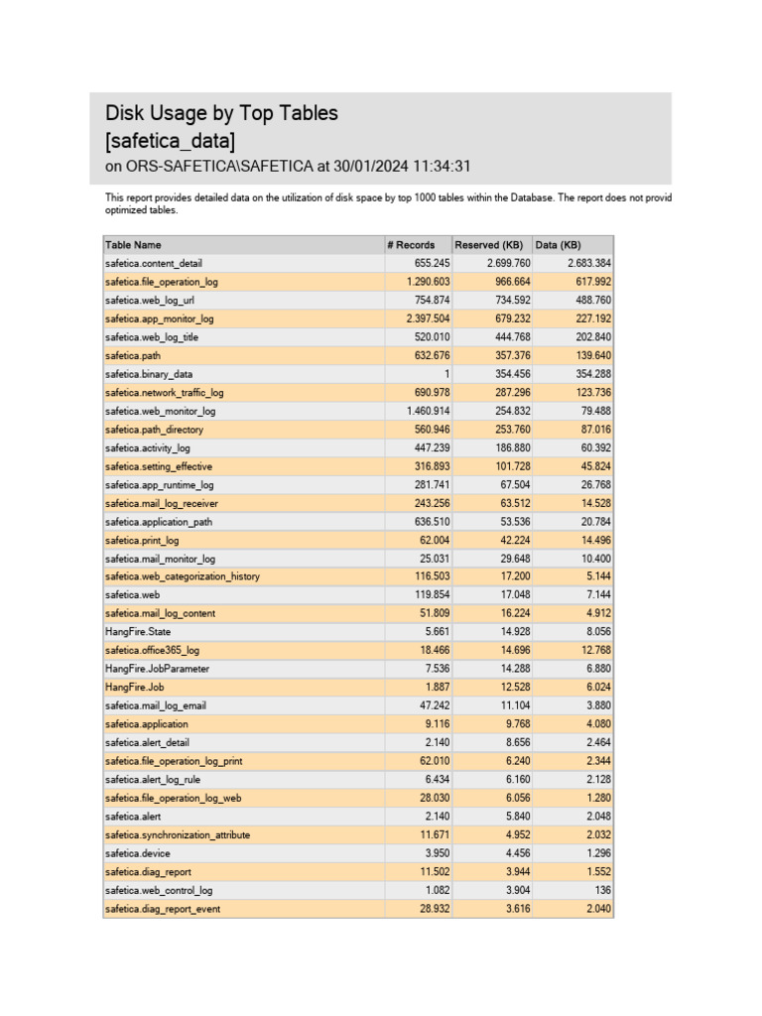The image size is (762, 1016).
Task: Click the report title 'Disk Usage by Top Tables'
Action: pyautogui.click(x=221, y=113)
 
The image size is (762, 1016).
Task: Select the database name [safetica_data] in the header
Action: pyautogui.click(x=170, y=140)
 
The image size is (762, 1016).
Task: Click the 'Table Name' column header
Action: pyautogui.click(x=133, y=245)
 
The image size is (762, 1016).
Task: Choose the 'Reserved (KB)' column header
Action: pyautogui.click(x=488, y=245)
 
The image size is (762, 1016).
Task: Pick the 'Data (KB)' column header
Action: pyautogui.click(x=558, y=245)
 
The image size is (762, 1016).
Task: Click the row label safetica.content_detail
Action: pyautogui.click(x=153, y=263)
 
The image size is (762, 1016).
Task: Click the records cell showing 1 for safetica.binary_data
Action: pyautogui.click(x=446, y=374)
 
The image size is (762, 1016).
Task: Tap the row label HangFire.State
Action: pyautogui.click(x=138, y=631)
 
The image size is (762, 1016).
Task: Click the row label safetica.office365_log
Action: pyautogui.click(x=152, y=650)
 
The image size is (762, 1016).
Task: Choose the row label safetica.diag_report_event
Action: pyautogui.click(x=163, y=909)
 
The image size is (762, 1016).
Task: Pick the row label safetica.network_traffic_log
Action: pyautogui.click(x=164, y=393)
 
